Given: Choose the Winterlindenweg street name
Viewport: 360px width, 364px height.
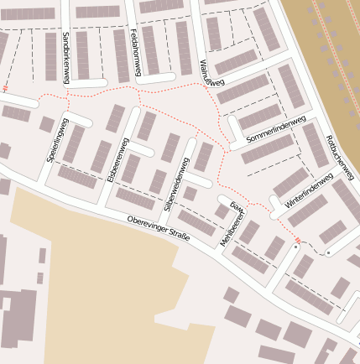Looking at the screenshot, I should [x=309, y=191].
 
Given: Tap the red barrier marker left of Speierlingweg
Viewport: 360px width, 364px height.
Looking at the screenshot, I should [x=6, y=87].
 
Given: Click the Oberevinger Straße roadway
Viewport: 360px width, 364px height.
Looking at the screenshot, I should [x=84, y=205].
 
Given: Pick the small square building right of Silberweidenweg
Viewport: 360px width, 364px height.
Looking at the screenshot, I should [x=190, y=194].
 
